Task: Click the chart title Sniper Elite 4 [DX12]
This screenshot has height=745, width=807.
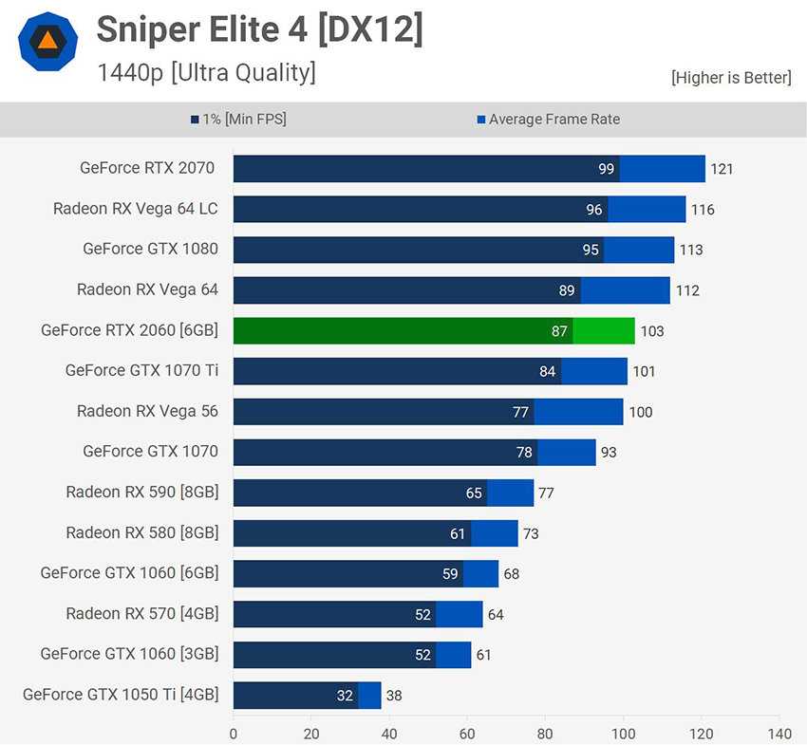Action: pos(259,30)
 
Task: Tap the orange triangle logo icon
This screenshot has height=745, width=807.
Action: pos(47,41)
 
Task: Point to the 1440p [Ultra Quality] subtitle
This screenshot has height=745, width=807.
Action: pos(206,72)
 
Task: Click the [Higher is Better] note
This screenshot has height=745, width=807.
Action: pos(730,78)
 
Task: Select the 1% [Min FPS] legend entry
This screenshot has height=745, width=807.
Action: pos(238,120)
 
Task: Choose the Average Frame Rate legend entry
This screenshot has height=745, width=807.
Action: pos(548,120)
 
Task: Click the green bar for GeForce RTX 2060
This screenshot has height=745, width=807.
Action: pos(433,331)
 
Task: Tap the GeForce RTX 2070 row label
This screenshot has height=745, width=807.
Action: pos(147,168)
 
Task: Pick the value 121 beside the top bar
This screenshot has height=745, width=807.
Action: pos(722,169)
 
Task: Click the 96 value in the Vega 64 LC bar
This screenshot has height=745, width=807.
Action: pos(594,210)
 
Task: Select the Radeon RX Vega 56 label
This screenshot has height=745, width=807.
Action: pos(147,411)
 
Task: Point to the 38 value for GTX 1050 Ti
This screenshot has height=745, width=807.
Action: pos(394,696)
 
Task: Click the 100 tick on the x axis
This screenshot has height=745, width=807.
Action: pos(623,734)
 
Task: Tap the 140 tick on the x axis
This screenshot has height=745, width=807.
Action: pos(779,734)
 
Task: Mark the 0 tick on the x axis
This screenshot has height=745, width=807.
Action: pos(234,734)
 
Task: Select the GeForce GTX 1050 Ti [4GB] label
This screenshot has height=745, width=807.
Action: pos(121,694)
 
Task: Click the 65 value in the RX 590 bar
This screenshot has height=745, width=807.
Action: pos(474,494)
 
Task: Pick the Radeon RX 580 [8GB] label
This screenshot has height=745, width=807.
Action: pos(141,532)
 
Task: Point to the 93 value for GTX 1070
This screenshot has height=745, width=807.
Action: pos(609,453)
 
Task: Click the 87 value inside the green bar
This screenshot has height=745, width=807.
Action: pos(559,331)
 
